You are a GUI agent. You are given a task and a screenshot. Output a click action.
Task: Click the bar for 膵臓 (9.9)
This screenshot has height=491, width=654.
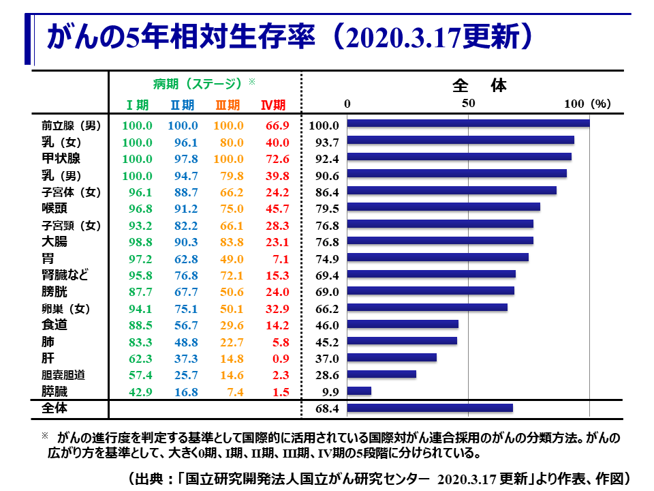click(x=359, y=391)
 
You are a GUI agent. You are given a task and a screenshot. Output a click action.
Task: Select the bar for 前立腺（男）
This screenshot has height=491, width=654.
click(x=468, y=123)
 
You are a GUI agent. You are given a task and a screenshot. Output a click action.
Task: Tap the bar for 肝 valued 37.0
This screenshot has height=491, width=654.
click(x=392, y=357)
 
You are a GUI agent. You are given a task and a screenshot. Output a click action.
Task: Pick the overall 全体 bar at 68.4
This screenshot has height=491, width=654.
click(x=430, y=408)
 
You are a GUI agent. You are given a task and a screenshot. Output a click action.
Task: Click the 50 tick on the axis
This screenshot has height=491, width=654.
click(x=468, y=104)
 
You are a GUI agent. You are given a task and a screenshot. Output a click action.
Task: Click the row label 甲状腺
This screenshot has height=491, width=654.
click(x=61, y=158)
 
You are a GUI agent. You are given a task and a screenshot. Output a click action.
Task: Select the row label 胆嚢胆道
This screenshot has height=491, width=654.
click(x=63, y=375)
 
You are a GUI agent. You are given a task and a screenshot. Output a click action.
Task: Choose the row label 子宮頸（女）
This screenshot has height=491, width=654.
click(x=71, y=225)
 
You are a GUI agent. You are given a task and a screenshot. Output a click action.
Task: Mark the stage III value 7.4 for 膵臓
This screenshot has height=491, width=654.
click(x=235, y=392)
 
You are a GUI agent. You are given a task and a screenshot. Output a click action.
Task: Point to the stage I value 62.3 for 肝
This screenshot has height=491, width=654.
click(x=138, y=359)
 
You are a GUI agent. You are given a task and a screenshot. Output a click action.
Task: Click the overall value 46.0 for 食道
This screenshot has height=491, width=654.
click(x=324, y=325)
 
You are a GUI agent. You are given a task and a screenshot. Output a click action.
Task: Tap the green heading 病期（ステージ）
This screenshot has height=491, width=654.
click(x=198, y=84)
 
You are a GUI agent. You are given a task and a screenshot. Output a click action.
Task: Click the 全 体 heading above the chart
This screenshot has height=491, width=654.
click(x=480, y=86)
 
